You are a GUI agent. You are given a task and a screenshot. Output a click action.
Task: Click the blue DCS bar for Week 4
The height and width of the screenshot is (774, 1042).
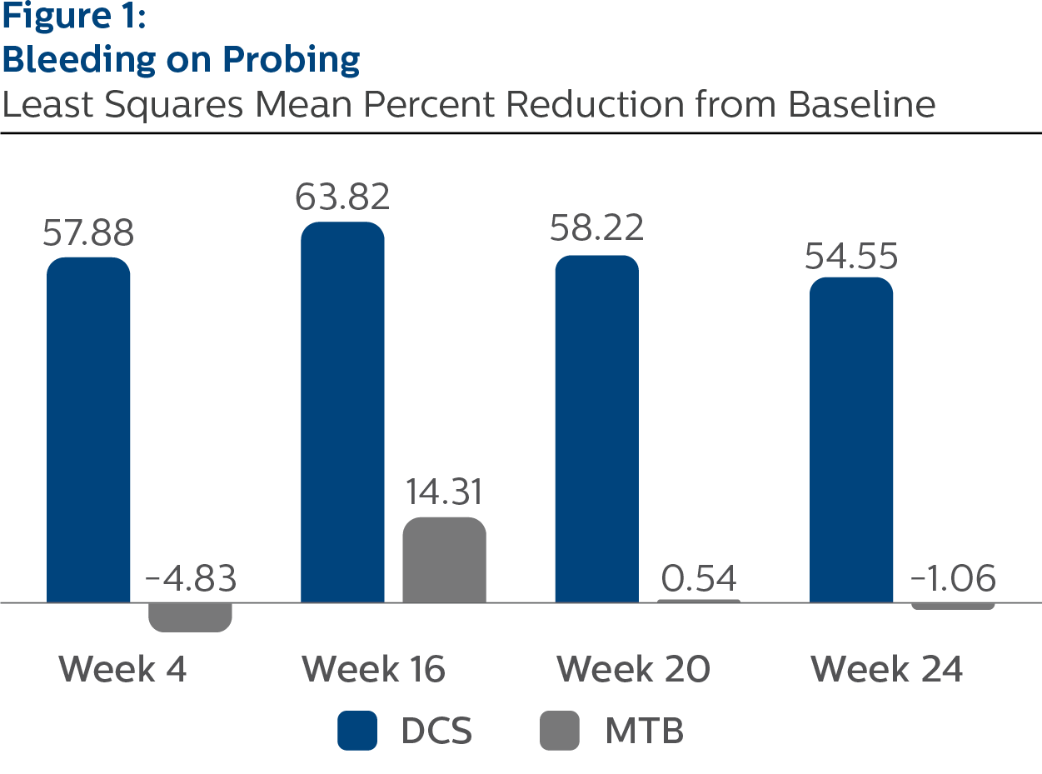click(x=88, y=429)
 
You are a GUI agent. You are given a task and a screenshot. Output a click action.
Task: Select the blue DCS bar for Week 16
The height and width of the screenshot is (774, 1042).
click(x=342, y=412)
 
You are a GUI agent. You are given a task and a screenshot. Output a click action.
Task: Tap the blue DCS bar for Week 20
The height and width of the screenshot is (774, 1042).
click(x=596, y=428)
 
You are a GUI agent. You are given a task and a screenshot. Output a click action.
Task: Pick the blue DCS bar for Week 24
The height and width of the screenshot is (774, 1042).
click(x=851, y=439)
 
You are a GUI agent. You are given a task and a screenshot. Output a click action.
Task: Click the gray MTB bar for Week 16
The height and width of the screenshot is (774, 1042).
click(x=444, y=559)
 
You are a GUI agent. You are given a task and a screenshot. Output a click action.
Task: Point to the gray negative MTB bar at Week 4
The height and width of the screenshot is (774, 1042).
click(x=190, y=617)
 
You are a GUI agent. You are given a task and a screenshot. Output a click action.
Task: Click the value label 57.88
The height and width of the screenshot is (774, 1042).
click(x=88, y=233)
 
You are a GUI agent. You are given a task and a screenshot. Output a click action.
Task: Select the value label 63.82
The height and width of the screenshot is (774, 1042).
click(x=342, y=197)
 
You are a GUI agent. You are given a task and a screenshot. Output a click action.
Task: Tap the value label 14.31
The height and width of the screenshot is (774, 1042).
click(x=444, y=492)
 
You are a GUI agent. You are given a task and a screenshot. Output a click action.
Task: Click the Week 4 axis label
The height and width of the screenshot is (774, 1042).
click(x=123, y=669)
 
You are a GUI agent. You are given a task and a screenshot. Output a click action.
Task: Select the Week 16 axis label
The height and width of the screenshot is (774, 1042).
click(x=374, y=669)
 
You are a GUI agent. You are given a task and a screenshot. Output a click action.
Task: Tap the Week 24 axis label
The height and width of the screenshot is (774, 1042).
click(x=887, y=669)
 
